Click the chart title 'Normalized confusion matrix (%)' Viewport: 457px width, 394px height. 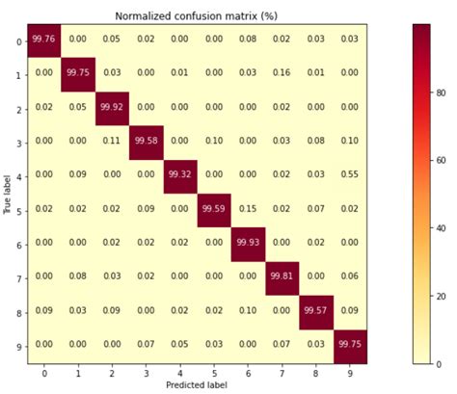(186, 16)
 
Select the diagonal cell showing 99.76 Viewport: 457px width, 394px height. (43, 39)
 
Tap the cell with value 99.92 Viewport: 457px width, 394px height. (111, 106)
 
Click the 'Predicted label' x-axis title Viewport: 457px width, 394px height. (196, 385)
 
